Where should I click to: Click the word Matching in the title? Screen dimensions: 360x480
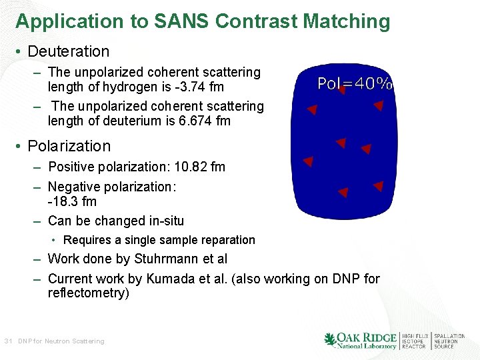[347, 21]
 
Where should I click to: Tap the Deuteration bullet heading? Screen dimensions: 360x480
[69, 51]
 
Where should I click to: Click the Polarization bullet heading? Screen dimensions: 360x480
[70, 146]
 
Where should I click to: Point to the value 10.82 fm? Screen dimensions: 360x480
[199, 167]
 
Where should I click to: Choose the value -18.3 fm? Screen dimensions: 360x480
[72, 201]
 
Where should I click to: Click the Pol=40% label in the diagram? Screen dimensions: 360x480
[354, 84]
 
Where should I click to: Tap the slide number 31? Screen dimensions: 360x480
[8, 341]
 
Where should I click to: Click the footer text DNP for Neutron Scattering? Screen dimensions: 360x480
[61, 341]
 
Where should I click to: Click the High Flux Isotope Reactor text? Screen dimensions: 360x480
[415, 341]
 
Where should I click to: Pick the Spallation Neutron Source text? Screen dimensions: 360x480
[449, 341]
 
